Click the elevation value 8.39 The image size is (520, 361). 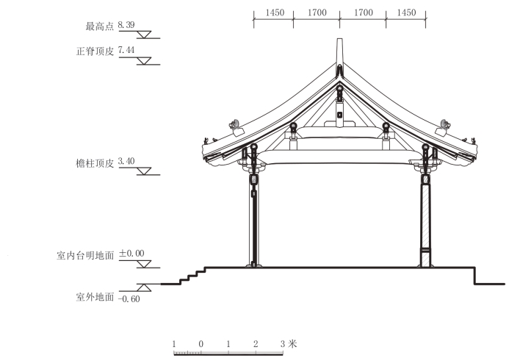126,26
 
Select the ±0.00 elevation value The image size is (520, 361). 131,254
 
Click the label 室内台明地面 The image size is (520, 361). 84,255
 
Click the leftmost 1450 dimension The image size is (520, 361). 272,13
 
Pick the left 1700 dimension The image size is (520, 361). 316,13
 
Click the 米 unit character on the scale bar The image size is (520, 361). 293,343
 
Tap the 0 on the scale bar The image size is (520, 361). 201,343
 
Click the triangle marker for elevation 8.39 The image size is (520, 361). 145,35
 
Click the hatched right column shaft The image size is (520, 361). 425,217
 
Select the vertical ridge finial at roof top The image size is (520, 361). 339,53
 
